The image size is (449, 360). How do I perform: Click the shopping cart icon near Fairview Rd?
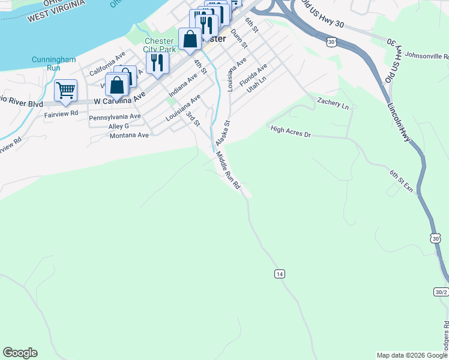click(65, 91)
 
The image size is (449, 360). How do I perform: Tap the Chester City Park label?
click(159, 45)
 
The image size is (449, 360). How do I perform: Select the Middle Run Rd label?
click(228, 170)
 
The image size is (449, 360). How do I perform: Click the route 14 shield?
click(279, 274)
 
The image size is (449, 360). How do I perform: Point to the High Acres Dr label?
click(291, 131)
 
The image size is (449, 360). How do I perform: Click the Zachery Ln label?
click(333, 103)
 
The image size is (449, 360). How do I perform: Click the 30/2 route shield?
click(441, 292)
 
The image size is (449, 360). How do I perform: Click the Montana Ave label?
click(129, 136)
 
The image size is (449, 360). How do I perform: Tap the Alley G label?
click(118, 127)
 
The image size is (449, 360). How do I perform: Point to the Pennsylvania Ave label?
click(115, 117)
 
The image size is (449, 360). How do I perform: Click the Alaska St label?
click(223, 133)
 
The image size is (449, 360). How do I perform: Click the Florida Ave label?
click(253, 75)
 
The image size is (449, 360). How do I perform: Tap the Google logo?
click(20, 353)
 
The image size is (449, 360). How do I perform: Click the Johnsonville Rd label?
click(427, 55)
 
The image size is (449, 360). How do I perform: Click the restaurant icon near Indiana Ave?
click(157, 62)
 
